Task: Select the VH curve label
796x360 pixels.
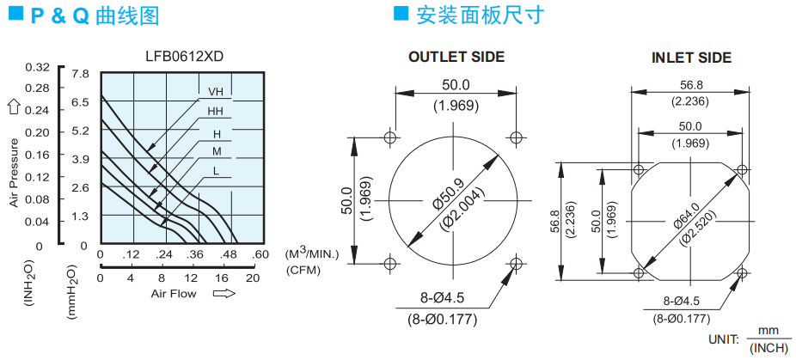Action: [216, 92]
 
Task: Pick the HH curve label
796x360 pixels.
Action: [215, 112]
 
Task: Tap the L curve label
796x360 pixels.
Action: [217, 171]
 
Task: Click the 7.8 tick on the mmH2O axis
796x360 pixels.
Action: [80, 74]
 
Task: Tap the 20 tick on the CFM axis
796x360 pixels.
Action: [253, 278]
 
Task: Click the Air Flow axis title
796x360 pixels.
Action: [173, 294]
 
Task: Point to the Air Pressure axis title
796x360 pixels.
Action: [15, 173]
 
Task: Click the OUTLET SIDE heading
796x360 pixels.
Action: [456, 57]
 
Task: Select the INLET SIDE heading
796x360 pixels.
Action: [691, 58]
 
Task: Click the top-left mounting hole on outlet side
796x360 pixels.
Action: [390, 137]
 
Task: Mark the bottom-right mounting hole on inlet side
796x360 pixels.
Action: [742, 273]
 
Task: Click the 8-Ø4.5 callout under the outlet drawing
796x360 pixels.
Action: [442, 298]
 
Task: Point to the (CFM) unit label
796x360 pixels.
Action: [303, 270]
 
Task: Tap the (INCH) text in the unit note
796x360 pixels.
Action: [768, 350]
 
